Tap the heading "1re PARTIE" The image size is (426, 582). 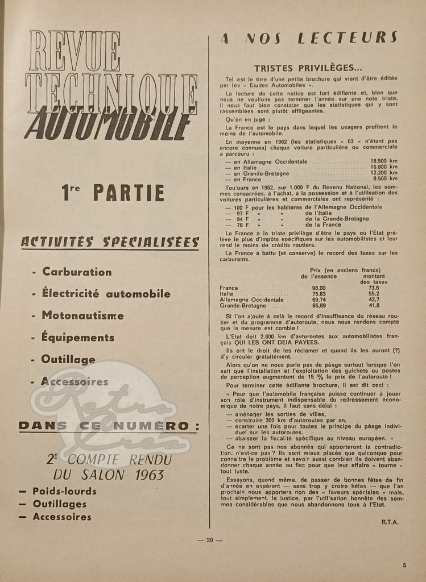click(113, 193)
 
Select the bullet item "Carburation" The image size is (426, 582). click(77, 272)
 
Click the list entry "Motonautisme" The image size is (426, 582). click(82, 315)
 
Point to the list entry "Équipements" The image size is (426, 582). click(77, 337)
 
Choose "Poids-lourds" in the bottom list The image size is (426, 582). click(64, 491)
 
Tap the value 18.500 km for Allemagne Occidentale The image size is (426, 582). click(383, 161)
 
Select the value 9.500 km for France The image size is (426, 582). click(385, 178)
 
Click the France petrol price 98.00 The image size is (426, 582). click(319, 288)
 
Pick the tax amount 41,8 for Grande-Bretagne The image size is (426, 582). click(374, 305)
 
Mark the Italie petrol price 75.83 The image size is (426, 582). click(319, 294)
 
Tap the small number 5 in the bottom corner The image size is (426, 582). click(404, 565)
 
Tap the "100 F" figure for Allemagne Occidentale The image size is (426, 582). click(242, 207)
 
